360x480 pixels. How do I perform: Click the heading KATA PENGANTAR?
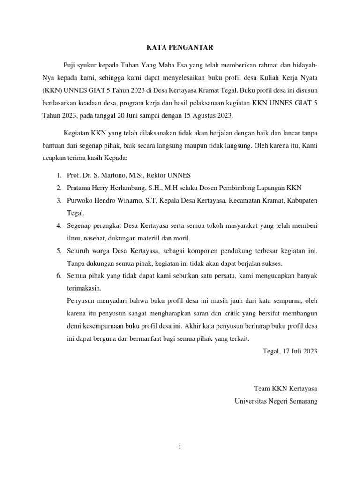coord(180,47)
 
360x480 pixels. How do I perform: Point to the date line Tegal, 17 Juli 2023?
coord(290,351)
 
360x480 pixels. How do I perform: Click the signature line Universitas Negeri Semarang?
coord(276,401)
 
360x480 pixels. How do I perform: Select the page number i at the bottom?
coord(180,447)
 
